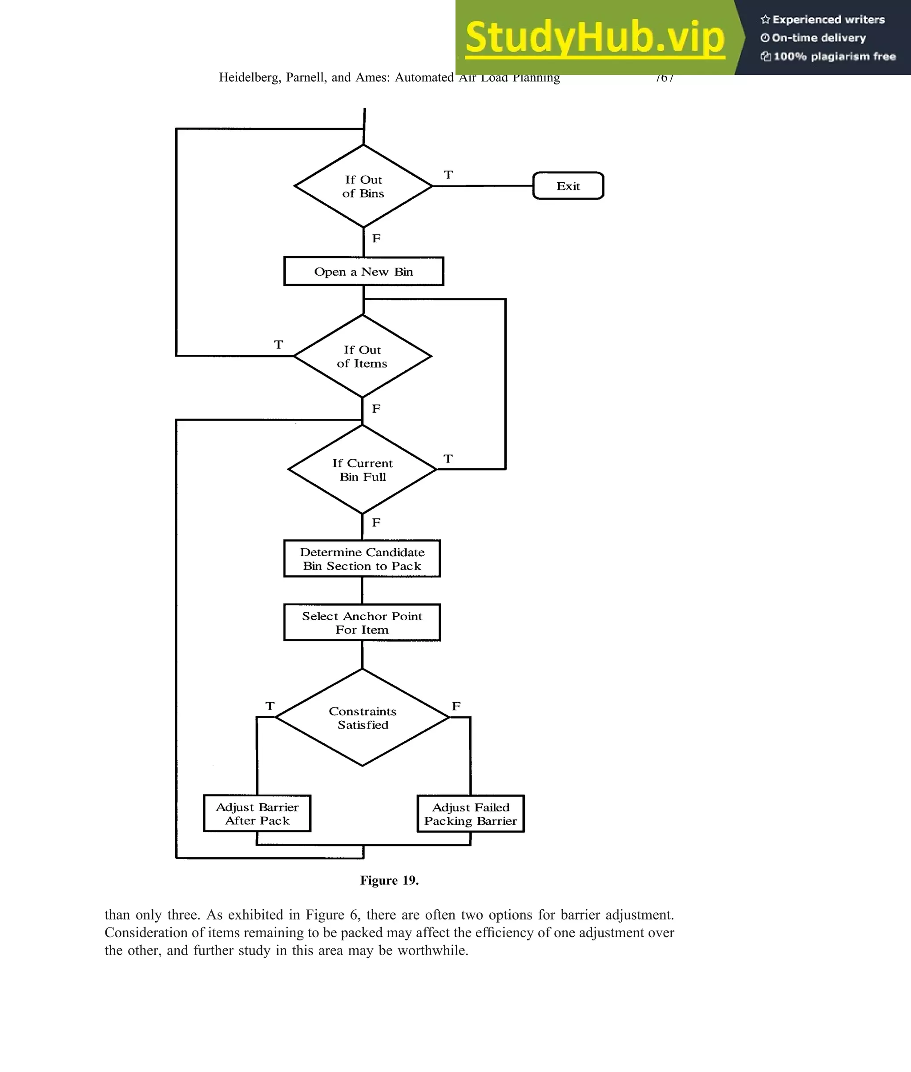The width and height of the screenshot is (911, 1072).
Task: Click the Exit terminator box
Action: (568, 186)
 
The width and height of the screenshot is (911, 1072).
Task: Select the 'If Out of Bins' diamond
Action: (363, 186)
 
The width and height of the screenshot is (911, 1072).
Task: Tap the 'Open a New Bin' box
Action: (363, 272)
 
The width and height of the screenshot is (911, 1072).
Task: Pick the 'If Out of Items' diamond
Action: (362, 356)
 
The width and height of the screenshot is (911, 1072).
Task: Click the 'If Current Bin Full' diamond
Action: (362, 470)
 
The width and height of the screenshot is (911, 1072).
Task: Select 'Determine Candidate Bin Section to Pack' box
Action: (362, 558)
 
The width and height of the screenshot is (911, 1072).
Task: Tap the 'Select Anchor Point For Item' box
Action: (362, 622)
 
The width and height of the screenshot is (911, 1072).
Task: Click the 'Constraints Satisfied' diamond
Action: (362, 718)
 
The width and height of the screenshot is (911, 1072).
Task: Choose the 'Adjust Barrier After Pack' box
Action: (257, 813)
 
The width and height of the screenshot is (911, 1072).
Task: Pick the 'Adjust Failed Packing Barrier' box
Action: (471, 813)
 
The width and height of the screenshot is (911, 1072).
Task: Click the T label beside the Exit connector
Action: (448, 175)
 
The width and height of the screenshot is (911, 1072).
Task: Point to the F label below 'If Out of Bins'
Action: (376, 238)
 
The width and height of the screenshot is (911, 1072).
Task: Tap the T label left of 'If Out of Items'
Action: (278, 344)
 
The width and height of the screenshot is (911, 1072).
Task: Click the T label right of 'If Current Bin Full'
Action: (448, 459)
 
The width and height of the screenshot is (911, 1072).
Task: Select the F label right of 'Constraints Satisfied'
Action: (456, 706)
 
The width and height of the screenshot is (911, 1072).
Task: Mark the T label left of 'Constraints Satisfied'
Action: (270, 706)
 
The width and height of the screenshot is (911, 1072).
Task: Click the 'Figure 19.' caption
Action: (389, 880)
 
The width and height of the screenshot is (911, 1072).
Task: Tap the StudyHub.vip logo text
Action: (595, 37)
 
